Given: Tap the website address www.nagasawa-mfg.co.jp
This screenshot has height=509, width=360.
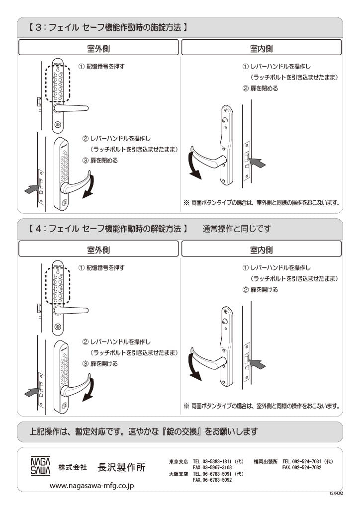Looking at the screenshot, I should tap(92, 485).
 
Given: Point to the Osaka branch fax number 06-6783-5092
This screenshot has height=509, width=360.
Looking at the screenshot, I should tap(212, 480).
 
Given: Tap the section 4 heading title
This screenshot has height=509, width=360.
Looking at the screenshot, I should tap(106, 229).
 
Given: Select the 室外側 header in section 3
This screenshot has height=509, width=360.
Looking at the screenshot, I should tap(98, 48).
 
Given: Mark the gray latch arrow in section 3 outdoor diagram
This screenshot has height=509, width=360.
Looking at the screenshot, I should tap(31, 188).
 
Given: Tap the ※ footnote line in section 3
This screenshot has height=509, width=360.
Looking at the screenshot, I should tap(262, 203).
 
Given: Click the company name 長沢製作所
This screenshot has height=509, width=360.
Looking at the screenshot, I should tap(122, 468).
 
